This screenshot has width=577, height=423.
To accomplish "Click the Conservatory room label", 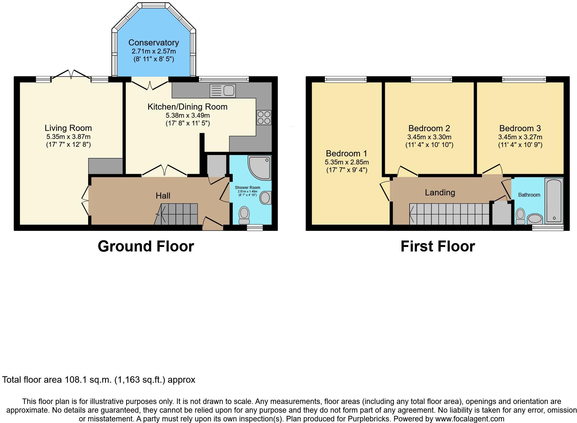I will click(x=153, y=43).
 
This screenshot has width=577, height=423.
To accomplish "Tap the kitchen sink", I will click(x=222, y=90).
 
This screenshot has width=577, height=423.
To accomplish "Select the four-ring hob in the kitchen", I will click(x=264, y=117).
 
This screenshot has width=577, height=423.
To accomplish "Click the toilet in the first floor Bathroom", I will click(x=520, y=216).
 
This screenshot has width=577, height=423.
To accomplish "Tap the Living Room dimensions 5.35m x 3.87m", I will click(x=68, y=136).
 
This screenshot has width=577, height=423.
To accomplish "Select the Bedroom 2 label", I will click(x=429, y=128).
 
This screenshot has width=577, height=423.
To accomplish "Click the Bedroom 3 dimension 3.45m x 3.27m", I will click(x=520, y=137).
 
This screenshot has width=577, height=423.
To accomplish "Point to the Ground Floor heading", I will click(x=146, y=246).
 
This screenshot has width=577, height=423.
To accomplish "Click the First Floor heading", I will click(x=438, y=246).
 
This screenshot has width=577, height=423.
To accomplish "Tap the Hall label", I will click(x=163, y=196).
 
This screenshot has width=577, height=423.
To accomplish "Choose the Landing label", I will click(x=440, y=192).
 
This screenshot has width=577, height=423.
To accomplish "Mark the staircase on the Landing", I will click(x=449, y=214).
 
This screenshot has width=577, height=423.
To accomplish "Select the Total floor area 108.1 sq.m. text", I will click(x=99, y=380).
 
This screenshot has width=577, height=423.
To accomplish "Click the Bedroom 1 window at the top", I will click(x=345, y=79).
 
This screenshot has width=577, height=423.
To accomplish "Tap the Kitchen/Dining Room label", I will click(x=187, y=107).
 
